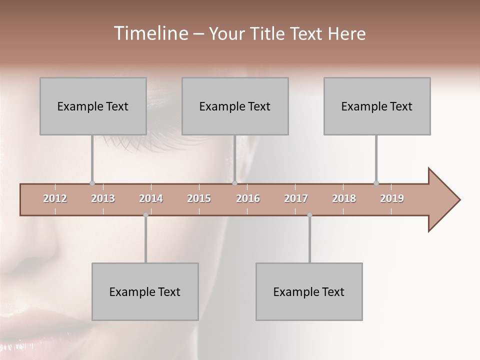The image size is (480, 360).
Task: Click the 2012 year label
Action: coord(55,198)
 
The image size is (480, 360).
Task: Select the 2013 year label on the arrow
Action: coord(103,198)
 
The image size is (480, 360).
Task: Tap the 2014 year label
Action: coord(151,198)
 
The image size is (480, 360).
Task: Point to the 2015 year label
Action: coord(199,198)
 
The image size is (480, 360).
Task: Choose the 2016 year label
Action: coord(248,198)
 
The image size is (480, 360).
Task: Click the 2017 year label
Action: coord(296,198)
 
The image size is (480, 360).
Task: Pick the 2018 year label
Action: coord(344,198)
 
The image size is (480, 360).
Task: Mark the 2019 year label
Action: coord(392,198)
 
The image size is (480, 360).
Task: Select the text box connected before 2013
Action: coord(93,106)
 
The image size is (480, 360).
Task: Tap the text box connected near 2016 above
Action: coord(235,106)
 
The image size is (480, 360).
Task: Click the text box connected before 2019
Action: coord(377,106)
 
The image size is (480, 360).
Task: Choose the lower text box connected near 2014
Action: coord(145,292)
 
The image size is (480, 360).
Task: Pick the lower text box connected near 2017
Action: coord(309,292)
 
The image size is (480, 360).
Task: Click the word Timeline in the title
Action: coord(149,33)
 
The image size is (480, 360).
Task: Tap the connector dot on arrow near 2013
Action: coord(92,183)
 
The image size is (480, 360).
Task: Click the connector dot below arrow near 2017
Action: coord(309,215)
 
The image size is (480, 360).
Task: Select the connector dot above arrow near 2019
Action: coord(376,183)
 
